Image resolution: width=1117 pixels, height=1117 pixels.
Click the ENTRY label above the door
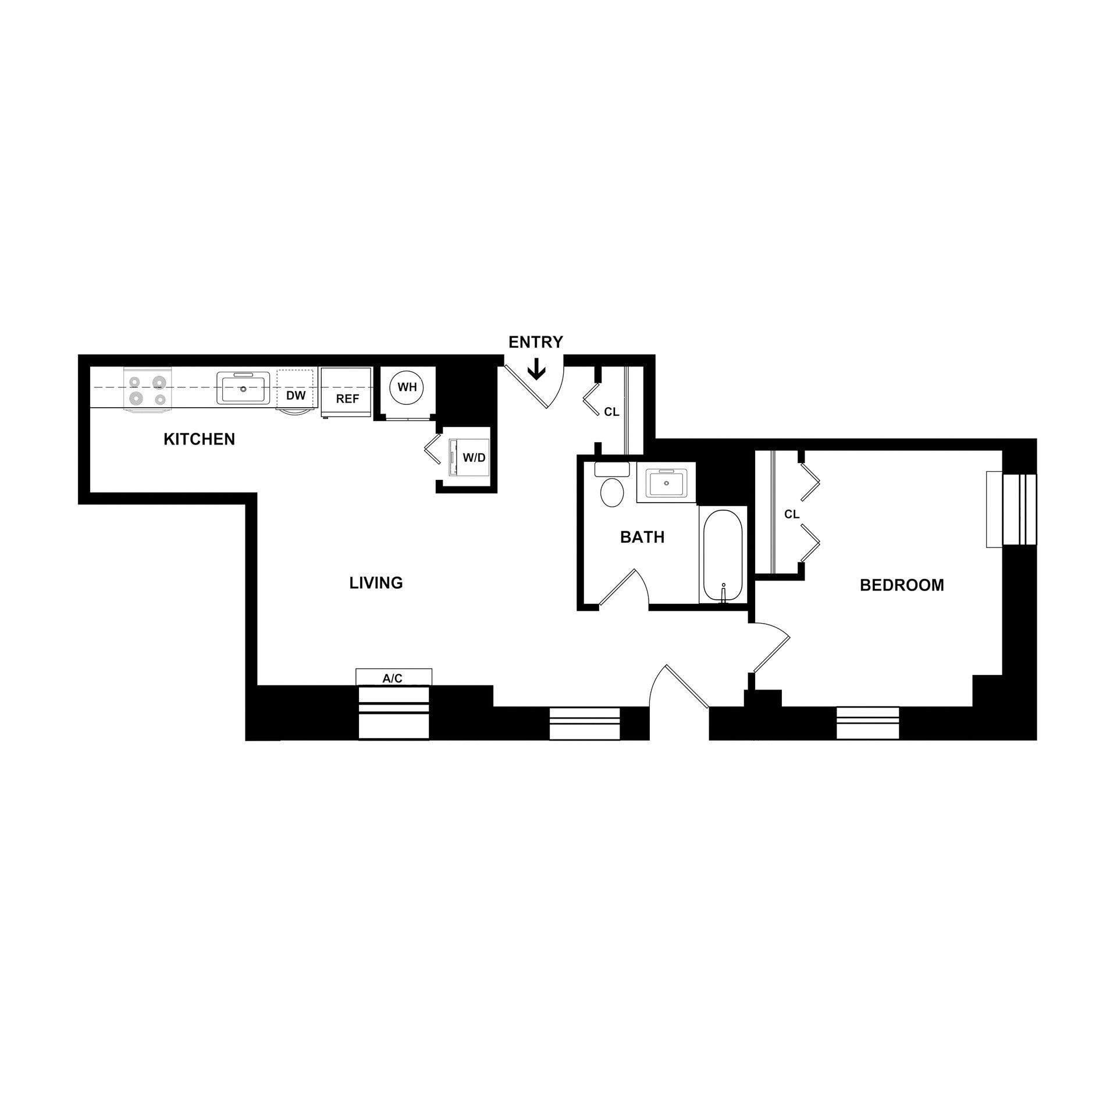535,342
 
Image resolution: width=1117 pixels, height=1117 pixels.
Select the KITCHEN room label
199,439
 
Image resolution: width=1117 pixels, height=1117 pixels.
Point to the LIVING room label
376,582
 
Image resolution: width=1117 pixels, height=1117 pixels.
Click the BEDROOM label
901,585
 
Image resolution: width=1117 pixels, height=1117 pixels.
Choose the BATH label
642,537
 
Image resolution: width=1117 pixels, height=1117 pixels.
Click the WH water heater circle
407,387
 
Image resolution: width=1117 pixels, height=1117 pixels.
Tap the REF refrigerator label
347,399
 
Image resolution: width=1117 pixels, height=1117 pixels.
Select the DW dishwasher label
296,396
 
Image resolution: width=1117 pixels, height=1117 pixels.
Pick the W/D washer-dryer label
474,458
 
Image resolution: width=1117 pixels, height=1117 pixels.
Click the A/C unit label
393,678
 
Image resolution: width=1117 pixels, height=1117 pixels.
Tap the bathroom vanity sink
666,482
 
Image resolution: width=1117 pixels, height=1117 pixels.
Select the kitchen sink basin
244,389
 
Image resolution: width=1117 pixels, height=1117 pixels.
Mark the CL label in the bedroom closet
792,514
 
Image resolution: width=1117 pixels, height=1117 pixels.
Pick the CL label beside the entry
611,412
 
